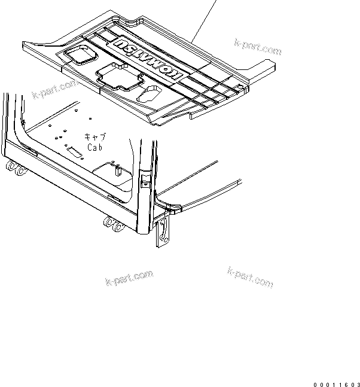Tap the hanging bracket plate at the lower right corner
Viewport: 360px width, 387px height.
pyautogui.click(x=163, y=233)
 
